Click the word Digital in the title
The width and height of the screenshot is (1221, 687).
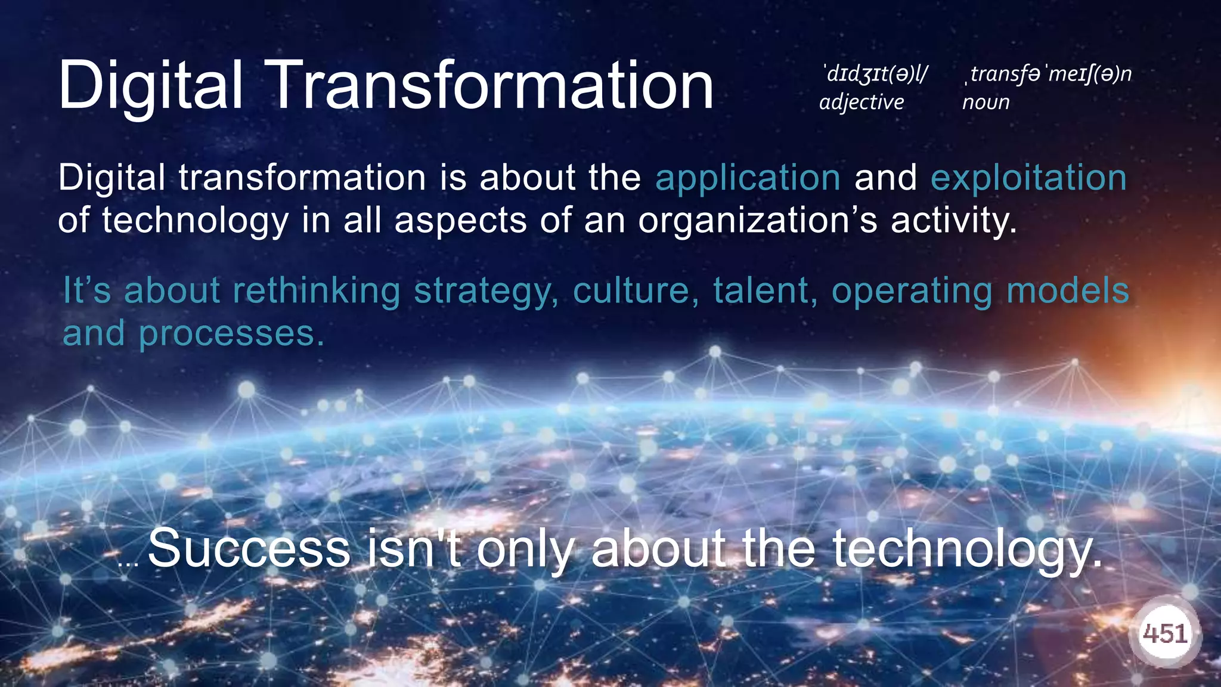pos(150,85)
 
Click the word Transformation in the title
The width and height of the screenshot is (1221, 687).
pos(492,85)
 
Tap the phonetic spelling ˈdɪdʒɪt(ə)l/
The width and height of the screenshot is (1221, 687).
pos(874,74)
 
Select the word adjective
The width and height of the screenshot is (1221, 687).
pos(861,103)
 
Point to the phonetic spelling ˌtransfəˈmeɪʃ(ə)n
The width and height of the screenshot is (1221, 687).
pos(1048,74)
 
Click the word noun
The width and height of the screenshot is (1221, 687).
pos(986,103)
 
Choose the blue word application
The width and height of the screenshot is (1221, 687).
pos(748,178)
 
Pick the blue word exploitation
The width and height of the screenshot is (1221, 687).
pos(1028,178)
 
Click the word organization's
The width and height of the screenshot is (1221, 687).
pos(758,221)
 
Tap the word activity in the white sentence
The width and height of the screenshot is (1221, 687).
pos(953,221)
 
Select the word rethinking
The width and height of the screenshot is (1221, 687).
pos(316,291)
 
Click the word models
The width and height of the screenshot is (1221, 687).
pos(1068,291)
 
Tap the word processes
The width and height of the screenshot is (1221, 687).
pos(231,334)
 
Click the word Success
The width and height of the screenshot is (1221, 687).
pos(249,549)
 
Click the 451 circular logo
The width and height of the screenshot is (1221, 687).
pos(1165,633)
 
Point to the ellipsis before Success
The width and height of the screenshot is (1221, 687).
pos(128,563)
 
